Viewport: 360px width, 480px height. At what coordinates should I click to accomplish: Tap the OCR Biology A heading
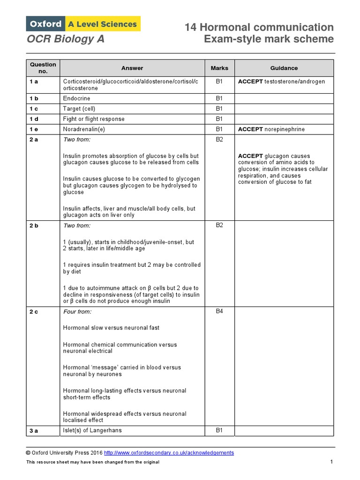65,39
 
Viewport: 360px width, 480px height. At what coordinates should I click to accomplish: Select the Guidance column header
284,68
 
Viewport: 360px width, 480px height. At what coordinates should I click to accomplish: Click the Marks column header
219,68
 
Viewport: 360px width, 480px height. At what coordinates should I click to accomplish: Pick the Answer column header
132,68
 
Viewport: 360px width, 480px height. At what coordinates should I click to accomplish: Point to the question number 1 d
34,119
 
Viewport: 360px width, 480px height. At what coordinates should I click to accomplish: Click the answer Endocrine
77,98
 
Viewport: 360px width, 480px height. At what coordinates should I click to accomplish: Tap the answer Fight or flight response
94,119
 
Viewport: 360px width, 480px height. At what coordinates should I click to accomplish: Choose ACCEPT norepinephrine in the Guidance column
271,129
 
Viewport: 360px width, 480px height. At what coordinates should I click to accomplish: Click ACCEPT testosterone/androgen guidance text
281,82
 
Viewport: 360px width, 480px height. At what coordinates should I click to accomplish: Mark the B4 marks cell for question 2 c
219,312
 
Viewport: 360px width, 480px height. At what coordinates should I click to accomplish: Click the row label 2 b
34,225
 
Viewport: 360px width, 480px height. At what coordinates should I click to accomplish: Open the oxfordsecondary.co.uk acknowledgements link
168,453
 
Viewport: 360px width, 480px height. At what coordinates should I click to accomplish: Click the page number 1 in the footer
331,462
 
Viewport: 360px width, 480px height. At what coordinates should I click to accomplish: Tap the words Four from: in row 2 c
77,312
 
